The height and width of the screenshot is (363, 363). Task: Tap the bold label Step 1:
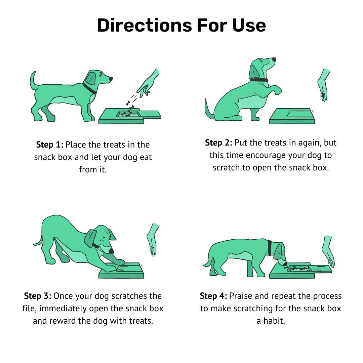point(49,145)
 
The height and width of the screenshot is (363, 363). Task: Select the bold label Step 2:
point(218,143)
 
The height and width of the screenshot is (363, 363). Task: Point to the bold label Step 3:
point(38,296)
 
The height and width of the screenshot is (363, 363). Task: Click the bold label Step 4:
point(213,296)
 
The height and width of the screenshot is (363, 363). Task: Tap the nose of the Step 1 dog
point(111,79)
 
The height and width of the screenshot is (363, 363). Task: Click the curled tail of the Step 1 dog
point(34,81)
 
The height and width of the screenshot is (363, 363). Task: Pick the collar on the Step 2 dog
point(259,80)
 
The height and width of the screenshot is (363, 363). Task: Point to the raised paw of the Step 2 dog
point(277,90)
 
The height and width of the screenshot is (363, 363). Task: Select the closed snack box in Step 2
point(292,116)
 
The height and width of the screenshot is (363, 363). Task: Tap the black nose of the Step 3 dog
point(111,251)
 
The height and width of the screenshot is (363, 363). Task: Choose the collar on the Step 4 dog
point(270,248)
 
